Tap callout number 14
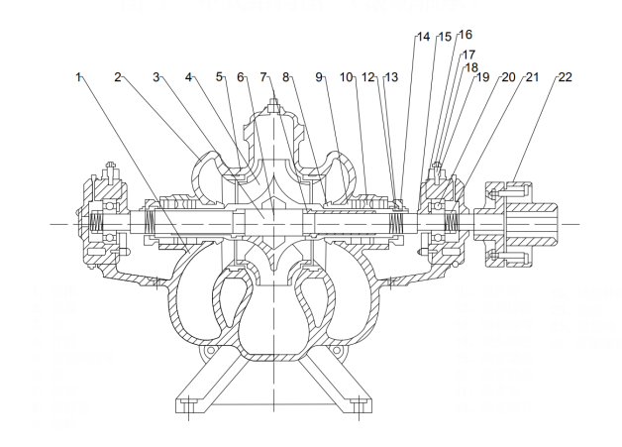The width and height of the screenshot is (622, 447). pyautogui.click(x=423, y=37)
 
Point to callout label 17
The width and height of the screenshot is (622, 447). pyautogui.click(x=468, y=56)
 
